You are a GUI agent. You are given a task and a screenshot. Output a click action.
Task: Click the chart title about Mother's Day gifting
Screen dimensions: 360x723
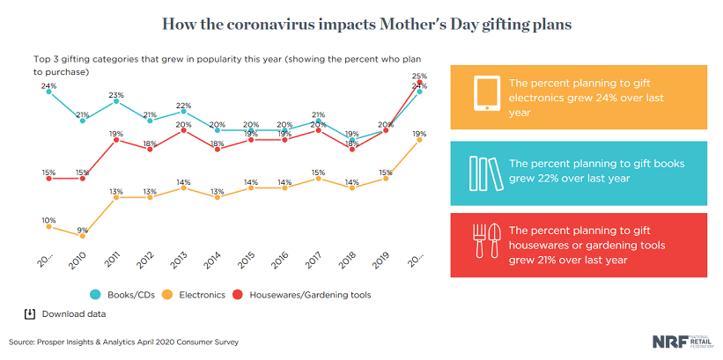[x=361, y=24]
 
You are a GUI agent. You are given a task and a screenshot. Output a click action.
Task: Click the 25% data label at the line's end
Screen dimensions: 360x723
[x=420, y=76]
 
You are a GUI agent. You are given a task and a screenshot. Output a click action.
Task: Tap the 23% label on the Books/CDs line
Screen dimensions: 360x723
[x=115, y=95]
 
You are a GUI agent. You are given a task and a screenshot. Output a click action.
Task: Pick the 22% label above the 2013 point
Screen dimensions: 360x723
[x=183, y=105]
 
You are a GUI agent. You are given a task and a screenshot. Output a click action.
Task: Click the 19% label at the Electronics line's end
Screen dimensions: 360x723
[x=420, y=133]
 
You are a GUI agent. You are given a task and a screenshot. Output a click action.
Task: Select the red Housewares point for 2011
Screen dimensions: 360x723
[x=115, y=139]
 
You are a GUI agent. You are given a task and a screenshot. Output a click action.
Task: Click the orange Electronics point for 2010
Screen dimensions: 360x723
[x=82, y=236]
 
